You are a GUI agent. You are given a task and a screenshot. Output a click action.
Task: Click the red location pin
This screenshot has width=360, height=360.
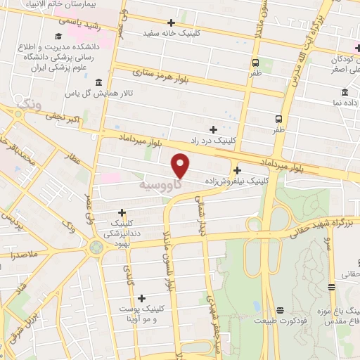(x=181, y=164)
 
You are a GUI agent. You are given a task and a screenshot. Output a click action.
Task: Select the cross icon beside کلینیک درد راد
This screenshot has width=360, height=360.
(x=214, y=129)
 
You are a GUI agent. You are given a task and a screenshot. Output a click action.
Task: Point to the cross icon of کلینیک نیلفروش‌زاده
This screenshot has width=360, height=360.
(x=238, y=170)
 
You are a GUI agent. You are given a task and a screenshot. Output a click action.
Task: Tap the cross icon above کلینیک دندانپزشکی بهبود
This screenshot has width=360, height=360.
(x=122, y=212)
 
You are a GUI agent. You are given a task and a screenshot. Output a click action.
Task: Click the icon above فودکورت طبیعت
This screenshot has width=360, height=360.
(x=280, y=310)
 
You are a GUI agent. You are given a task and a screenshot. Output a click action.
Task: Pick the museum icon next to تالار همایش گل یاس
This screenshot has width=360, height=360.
(x=97, y=82)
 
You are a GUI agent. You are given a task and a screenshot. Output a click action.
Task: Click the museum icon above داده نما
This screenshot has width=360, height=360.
(x=345, y=93)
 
